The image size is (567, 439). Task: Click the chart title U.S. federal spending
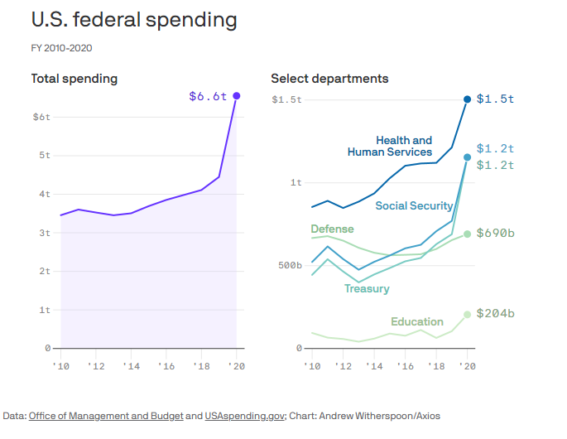[x=133, y=20]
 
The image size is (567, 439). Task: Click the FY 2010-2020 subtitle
[x=61, y=48]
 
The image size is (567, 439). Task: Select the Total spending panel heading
[x=74, y=79]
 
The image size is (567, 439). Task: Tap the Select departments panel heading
[x=329, y=79]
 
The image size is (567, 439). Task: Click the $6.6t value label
[x=208, y=97]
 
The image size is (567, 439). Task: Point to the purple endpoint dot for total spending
[x=237, y=96]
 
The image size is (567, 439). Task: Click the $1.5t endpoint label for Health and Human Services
[x=495, y=99]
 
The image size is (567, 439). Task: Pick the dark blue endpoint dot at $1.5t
[x=468, y=99]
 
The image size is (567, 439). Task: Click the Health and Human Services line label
[x=391, y=147]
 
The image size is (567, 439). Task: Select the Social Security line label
[x=414, y=205]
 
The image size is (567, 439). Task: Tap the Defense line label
[x=332, y=229]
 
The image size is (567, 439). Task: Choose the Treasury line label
[x=367, y=288]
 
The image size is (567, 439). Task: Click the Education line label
[x=417, y=321]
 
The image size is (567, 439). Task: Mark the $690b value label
[x=495, y=234]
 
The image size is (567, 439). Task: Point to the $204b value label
[x=495, y=314]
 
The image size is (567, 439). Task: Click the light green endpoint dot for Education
[x=468, y=315]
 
